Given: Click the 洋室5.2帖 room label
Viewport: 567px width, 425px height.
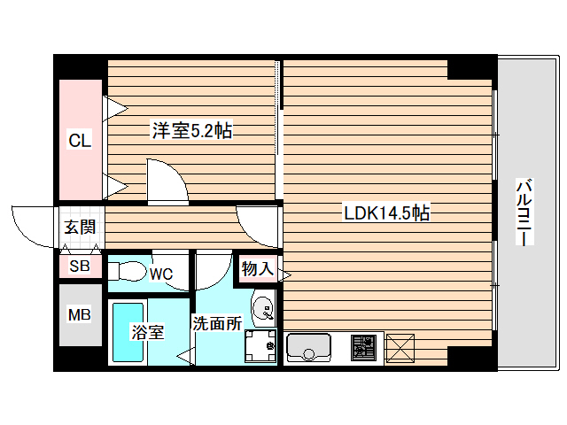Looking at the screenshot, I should click(x=191, y=131).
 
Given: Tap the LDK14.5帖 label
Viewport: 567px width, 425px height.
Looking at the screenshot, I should click(x=387, y=212).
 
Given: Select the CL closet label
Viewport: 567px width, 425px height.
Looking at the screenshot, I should click(x=81, y=139).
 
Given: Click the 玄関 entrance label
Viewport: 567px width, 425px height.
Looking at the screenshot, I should click(x=80, y=228).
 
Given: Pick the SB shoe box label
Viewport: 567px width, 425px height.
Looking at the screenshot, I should click(x=80, y=266).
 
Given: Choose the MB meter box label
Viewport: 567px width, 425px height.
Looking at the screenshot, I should click(x=80, y=314).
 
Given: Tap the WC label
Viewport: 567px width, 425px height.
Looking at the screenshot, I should click(x=160, y=274).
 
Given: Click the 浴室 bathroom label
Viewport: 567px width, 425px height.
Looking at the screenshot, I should click(x=147, y=332).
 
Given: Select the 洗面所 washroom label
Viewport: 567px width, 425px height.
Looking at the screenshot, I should click(x=217, y=323).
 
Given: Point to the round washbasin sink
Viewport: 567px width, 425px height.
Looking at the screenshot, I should click(x=263, y=308).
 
